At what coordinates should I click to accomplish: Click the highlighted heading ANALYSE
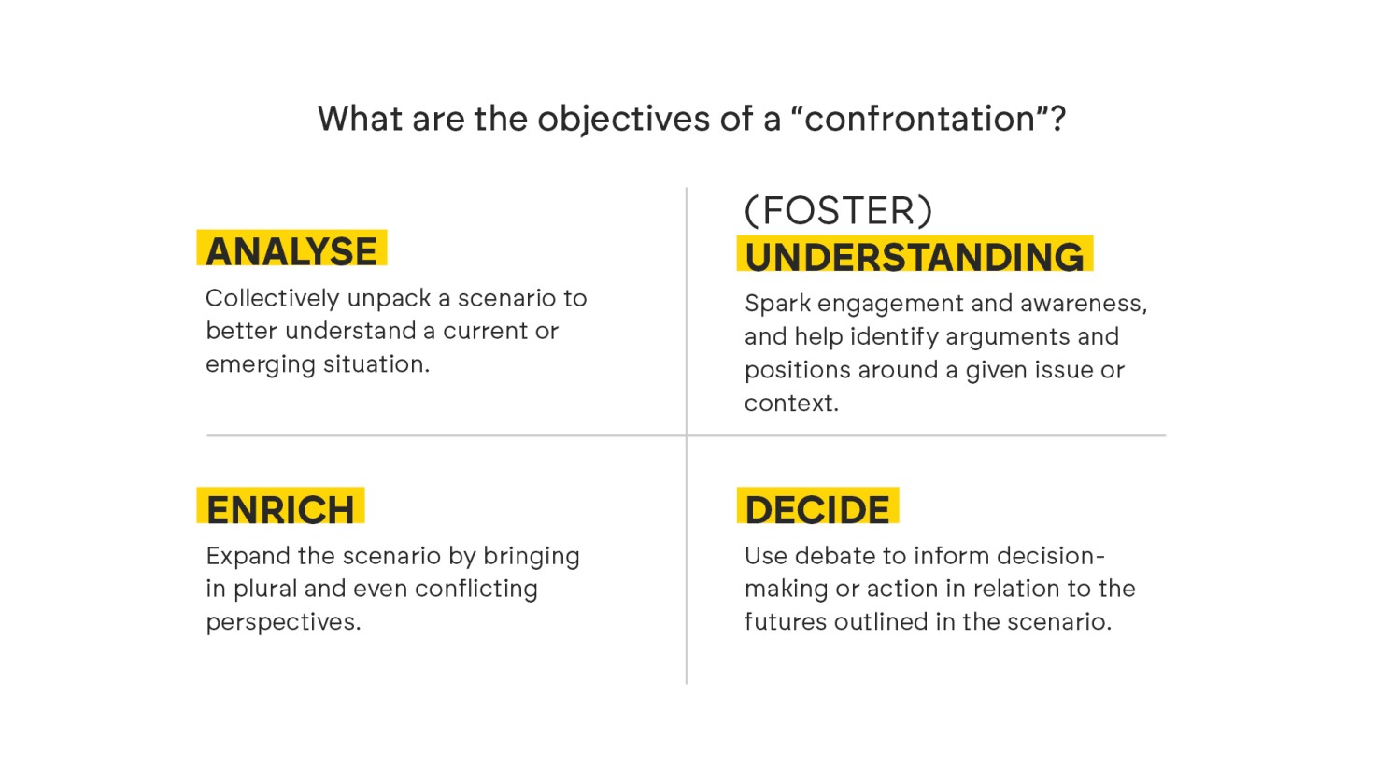click(x=291, y=250)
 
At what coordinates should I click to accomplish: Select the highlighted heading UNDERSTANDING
click(x=914, y=256)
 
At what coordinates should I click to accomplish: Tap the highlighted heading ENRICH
click(x=280, y=509)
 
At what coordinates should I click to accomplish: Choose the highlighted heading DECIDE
click(x=817, y=509)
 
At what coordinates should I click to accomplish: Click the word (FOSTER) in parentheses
click(x=838, y=210)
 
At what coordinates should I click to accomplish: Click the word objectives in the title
click(x=623, y=120)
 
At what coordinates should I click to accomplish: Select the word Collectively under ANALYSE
click(x=272, y=298)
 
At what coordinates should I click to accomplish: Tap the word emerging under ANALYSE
click(x=260, y=365)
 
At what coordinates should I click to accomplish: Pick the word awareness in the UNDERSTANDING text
click(x=1084, y=304)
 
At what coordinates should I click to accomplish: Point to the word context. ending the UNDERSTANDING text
click(x=791, y=404)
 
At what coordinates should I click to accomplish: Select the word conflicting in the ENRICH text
click(x=476, y=589)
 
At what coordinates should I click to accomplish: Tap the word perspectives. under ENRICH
click(x=283, y=622)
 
